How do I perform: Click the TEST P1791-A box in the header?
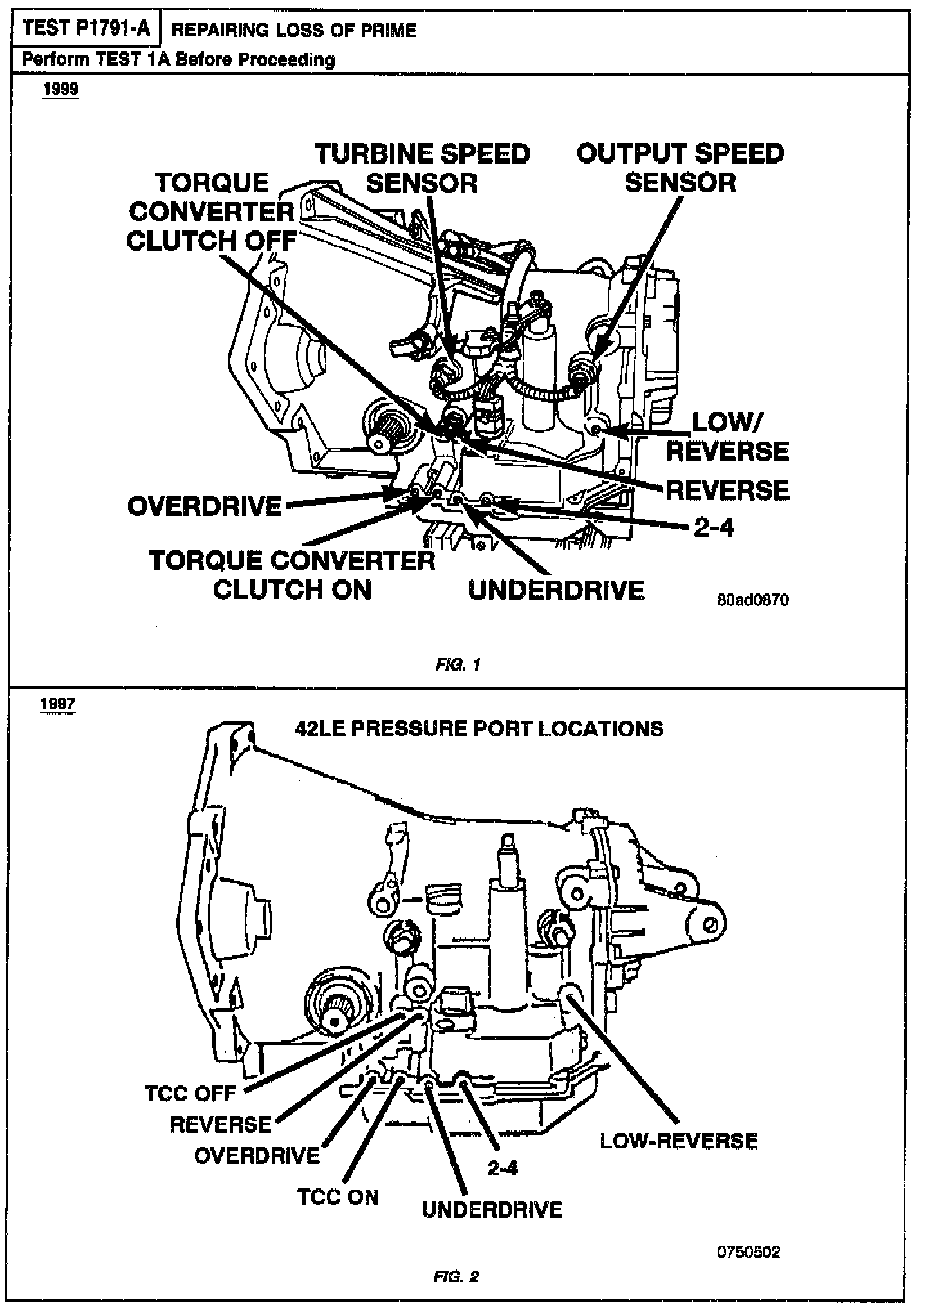86,29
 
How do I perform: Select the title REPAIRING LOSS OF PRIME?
294,30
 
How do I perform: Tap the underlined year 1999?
60,89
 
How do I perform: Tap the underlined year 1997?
57,704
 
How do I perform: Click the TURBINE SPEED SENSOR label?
422,169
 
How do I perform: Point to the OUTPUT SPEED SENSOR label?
680,168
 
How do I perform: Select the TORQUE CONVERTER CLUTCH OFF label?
212,212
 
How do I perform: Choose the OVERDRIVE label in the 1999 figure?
205,507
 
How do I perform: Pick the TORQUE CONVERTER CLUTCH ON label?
292,575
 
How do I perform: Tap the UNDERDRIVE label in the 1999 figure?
556,591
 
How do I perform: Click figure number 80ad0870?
752,601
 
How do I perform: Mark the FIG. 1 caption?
458,665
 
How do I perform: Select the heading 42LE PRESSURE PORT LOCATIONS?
479,729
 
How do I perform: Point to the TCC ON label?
338,1197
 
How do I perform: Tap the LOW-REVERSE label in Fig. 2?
679,1141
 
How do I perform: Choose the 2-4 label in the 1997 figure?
503,1168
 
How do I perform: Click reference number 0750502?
749,1252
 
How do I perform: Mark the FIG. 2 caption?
456,1276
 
